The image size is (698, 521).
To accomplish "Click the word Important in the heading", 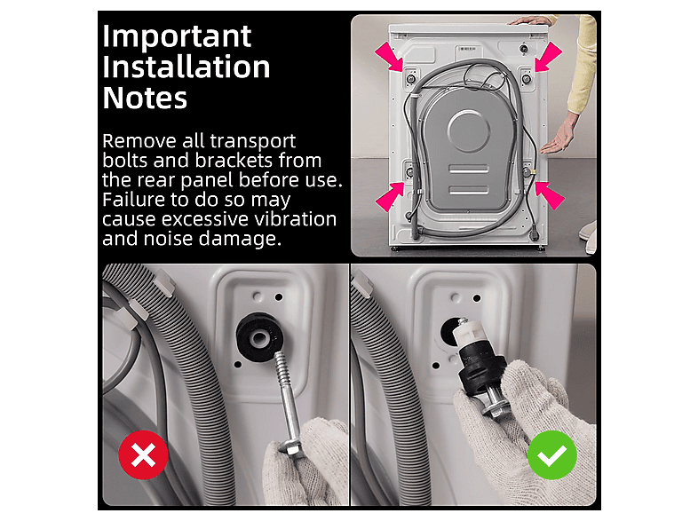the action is tap(177, 37).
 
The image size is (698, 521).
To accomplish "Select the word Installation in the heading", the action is tap(186, 67).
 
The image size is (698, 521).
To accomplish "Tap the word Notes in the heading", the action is tap(145, 98).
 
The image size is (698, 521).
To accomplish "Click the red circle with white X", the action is tap(143, 454).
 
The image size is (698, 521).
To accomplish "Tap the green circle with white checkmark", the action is tap(552, 454).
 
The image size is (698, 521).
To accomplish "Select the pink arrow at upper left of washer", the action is tap(390, 56).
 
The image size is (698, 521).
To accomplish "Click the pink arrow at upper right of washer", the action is tap(549, 57).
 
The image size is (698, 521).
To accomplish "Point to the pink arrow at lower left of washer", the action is tap(390, 196).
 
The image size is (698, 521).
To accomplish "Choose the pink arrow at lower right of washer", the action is tap(550, 195).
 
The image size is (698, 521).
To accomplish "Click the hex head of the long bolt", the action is tap(292, 447).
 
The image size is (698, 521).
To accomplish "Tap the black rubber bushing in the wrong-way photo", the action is tap(260, 336).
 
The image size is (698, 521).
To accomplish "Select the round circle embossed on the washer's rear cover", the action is tap(468, 131).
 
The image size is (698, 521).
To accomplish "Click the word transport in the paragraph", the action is tap(253, 141).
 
